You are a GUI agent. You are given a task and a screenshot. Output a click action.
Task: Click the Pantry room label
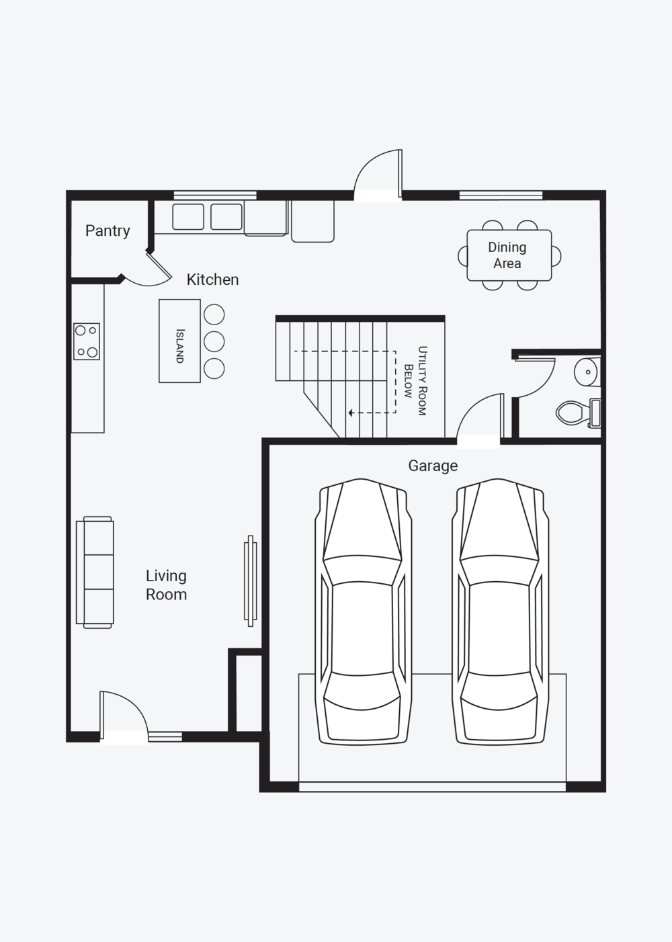click(x=108, y=231)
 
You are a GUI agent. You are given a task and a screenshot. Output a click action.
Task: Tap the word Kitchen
click(x=212, y=280)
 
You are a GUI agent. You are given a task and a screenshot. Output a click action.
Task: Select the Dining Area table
click(x=509, y=255)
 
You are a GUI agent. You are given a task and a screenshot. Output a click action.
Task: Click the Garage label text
click(x=433, y=466)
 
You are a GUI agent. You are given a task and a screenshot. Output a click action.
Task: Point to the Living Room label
click(x=166, y=585)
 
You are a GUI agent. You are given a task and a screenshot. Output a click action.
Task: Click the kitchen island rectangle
click(x=179, y=341)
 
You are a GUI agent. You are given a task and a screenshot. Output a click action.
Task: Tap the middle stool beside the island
click(x=214, y=341)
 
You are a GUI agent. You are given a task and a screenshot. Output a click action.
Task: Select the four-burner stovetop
click(x=87, y=341)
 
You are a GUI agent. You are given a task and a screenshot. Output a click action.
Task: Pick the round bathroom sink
click(x=588, y=372)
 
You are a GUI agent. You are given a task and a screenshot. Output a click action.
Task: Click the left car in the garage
click(x=364, y=613)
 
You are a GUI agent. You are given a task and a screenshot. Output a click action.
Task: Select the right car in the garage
click(x=500, y=613)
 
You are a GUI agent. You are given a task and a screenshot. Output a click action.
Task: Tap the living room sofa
click(x=95, y=572)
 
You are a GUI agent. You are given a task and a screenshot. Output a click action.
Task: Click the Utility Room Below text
click(x=415, y=380)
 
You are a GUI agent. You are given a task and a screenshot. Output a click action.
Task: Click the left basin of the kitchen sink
click(x=188, y=216)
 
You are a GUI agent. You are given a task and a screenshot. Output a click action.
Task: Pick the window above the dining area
click(x=501, y=195)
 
